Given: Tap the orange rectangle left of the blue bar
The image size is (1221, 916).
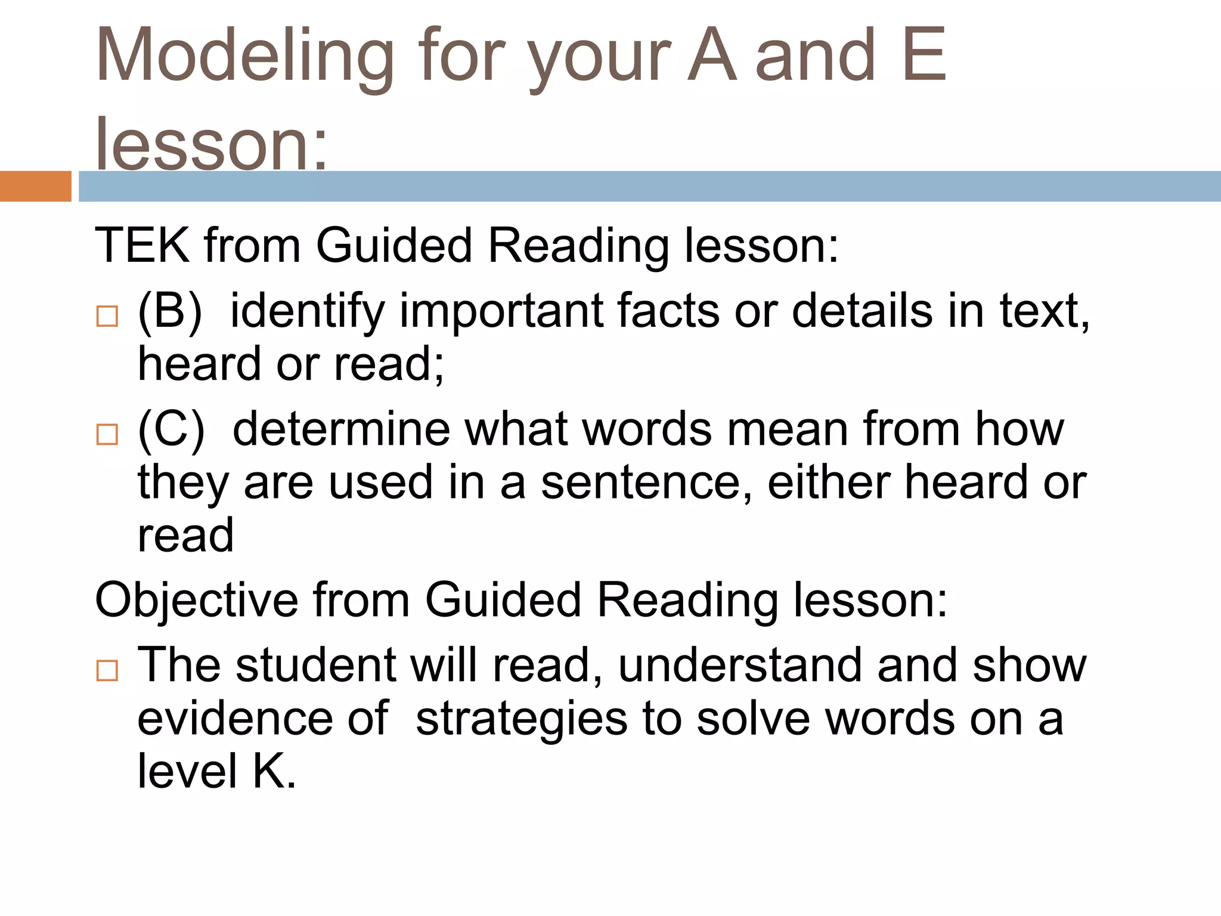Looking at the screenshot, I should coord(35,186).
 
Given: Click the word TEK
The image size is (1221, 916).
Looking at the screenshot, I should coord(142,245).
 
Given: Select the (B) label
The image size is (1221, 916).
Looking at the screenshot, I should coord(170,311).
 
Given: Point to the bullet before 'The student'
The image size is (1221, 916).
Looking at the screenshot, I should coord(107,670).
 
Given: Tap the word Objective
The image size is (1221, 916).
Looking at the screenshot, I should coord(196,600).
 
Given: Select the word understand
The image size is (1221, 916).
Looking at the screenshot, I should coord(740,665).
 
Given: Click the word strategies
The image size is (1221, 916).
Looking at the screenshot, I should coord(521,720).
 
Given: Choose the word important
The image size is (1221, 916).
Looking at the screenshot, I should coord(501,312).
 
